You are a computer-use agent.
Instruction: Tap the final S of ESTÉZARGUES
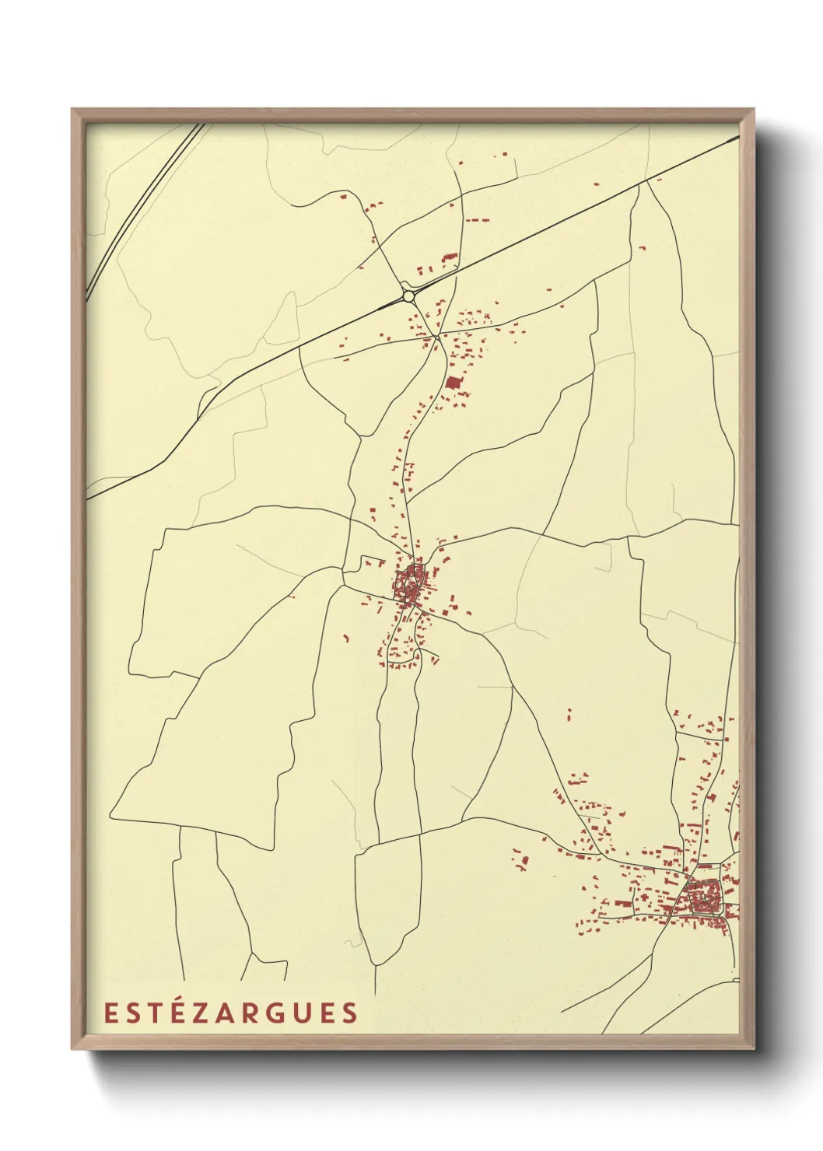click(349, 1013)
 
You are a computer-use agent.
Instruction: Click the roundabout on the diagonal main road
click(408, 296)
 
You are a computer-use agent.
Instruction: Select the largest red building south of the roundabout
click(453, 382)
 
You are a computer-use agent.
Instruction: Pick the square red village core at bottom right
click(705, 897)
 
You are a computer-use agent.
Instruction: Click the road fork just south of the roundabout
click(438, 336)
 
